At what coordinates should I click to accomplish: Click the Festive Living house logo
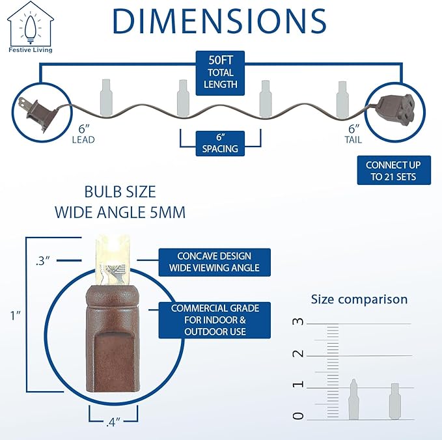coord(30,27)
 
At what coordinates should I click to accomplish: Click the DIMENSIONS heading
coord(219,21)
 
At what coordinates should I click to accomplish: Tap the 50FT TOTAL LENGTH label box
coord(220,73)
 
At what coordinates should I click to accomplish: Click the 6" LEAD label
coord(83,134)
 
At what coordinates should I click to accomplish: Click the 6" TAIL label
coord(353,134)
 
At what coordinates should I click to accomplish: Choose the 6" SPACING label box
coord(220,143)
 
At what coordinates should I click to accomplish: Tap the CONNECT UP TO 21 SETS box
coord(394,171)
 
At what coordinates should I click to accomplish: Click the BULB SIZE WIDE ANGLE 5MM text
coord(120,202)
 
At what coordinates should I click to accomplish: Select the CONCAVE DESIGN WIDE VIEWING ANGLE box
coord(215,262)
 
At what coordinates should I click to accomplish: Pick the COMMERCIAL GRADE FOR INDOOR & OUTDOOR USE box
coord(215,320)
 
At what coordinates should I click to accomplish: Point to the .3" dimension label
coord(43,261)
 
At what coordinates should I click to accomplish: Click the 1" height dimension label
coord(16,316)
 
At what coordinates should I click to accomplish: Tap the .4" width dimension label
coord(113,422)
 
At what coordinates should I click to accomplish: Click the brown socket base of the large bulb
coord(113,338)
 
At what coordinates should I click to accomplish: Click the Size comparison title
coord(359,299)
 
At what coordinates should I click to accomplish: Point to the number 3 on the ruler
coord(298,322)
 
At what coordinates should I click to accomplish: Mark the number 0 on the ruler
coord(298,416)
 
